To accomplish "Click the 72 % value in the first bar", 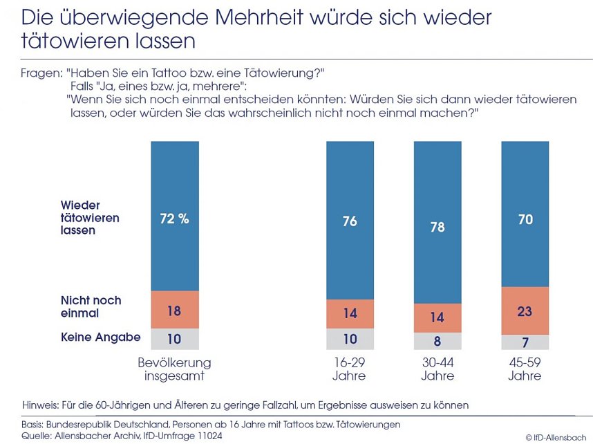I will tap(174, 219).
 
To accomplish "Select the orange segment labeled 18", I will tap(174, 311).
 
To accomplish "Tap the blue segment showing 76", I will tap(350, 221).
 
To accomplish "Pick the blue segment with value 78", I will tap(437, 226).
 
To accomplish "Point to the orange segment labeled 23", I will tap(525, 311).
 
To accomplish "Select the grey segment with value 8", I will tap(437, 340).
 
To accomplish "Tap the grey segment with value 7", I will tap(525, 342).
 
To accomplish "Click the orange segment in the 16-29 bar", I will tap(350, 313).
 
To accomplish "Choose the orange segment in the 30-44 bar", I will tap(437, 318).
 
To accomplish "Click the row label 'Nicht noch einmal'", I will tap(91, 306).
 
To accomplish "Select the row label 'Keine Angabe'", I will tap(100, 337).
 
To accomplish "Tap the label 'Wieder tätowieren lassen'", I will tap(90, 218).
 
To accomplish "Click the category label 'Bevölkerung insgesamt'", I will tap(174, 369).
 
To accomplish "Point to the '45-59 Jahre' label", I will tap(525, 369).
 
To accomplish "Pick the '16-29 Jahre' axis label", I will tap(350, 369).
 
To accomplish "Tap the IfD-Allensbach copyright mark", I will tap(556, 436).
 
